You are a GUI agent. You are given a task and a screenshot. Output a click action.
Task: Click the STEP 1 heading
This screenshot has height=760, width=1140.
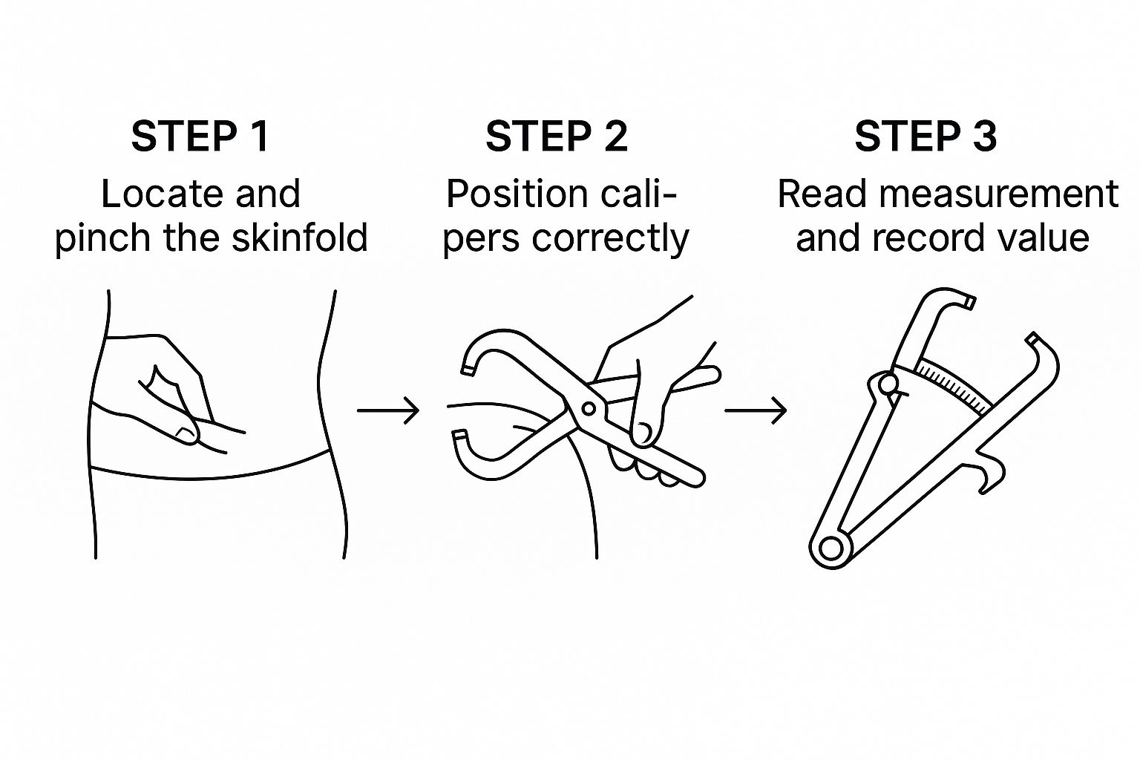(x=200, y=137)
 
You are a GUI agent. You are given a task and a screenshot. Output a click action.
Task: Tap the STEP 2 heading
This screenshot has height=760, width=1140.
(x=557, y=137)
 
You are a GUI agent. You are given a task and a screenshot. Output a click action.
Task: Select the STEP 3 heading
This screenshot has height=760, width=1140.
(x=926, y=137)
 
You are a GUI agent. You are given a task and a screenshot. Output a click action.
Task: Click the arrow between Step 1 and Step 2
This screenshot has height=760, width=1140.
(x=388, y=410)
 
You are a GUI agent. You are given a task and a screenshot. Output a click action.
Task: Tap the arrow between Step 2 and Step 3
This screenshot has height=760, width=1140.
(x=756, y=410)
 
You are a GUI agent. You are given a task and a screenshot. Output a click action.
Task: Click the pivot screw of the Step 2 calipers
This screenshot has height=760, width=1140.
(x=589, y=408)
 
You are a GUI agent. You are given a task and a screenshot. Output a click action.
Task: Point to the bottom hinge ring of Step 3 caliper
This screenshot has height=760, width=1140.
(x=831, y=548)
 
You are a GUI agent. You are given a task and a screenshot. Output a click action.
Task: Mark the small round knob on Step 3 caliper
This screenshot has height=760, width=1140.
(x=888, y=384)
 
